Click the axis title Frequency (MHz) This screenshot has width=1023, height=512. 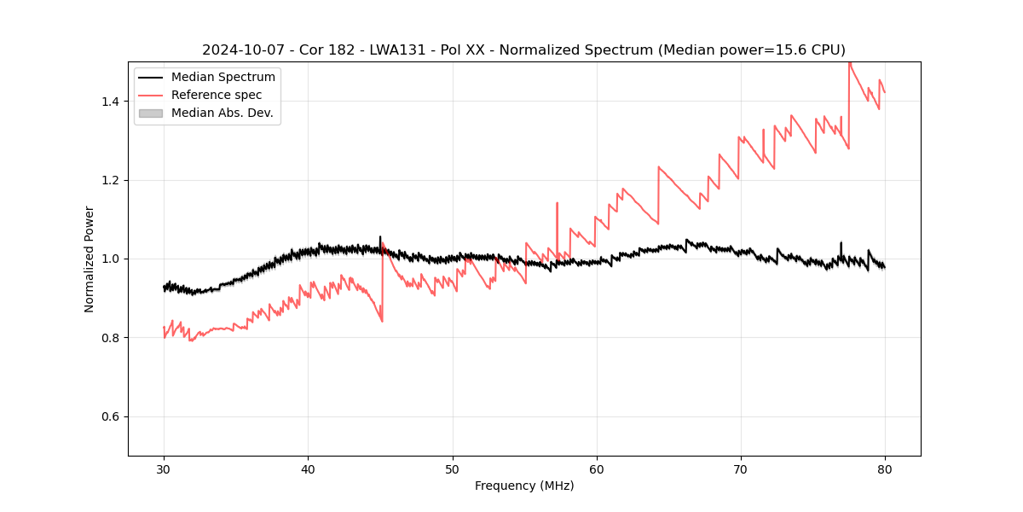[524, 486]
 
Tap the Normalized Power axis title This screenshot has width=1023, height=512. [90, 259]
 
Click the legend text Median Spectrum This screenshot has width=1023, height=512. [223, 78]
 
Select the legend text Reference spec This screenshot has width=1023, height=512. [217, 95]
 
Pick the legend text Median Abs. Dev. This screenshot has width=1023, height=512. [222, 113]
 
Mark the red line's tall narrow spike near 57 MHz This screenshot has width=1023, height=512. [557, 205]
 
